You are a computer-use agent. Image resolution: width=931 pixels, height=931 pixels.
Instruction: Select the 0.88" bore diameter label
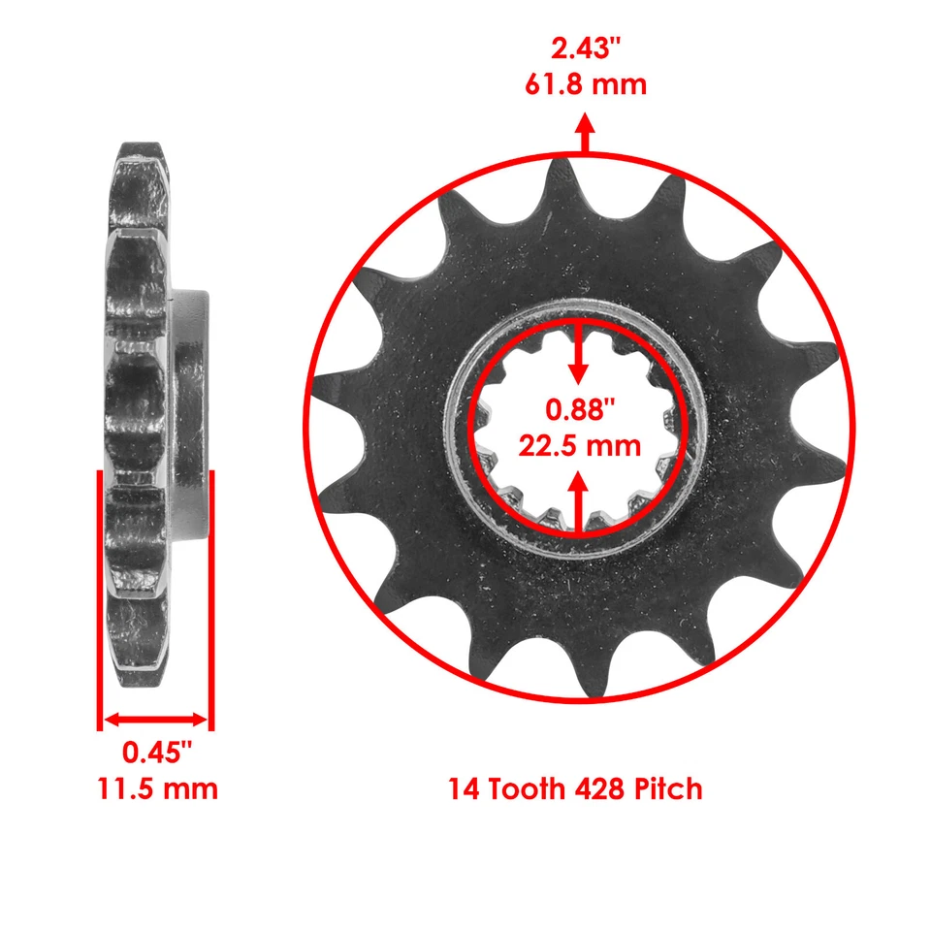[580, 409]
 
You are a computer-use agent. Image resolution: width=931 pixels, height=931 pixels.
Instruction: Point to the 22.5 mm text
[580, 445]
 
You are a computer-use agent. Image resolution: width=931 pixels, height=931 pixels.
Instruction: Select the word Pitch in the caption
[669, 789]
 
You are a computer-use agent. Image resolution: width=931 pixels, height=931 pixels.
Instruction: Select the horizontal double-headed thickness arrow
[156, 720]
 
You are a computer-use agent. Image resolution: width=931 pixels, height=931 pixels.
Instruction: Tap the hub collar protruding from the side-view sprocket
[190, 417]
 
